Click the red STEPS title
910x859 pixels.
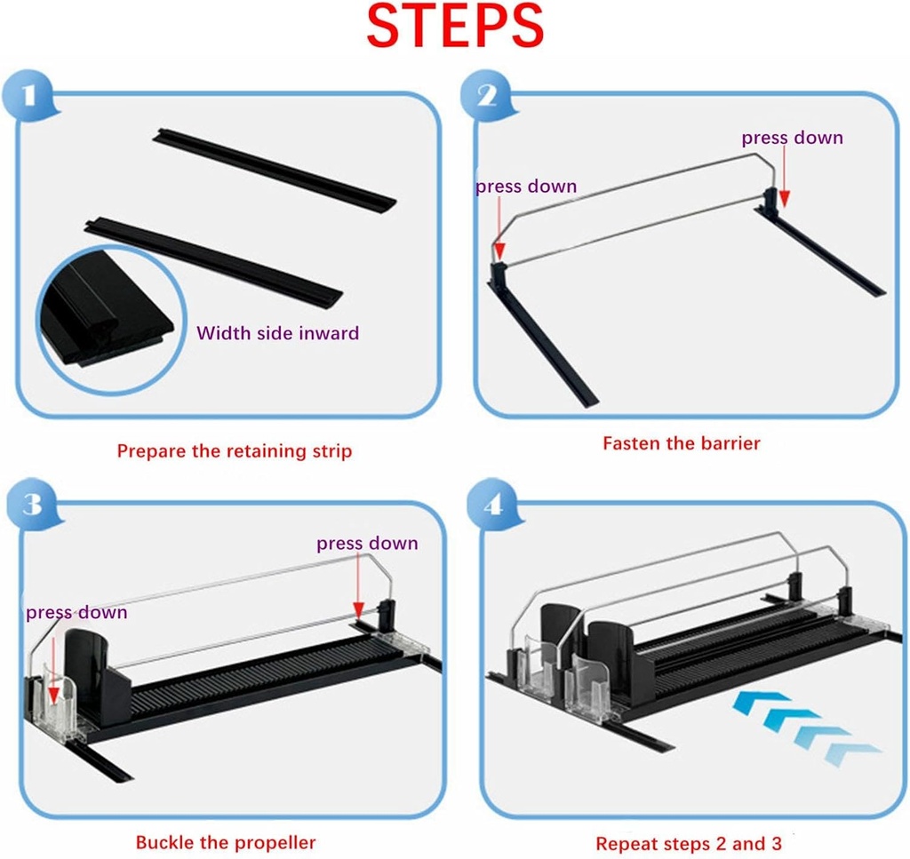[x=455, y=26]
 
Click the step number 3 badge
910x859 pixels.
[x=33, y=504]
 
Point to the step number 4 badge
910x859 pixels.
[x=493, y=505]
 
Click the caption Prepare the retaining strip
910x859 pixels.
[x=235, y=451]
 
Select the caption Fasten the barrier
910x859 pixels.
[x=682, y=443]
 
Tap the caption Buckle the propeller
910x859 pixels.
[x=226, y=842]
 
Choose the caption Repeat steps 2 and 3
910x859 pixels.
[x=689, y=843]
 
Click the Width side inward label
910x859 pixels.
[x=277, y=333]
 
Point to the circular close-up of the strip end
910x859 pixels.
[x=111, y=320]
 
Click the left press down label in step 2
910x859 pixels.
[x=526, y=187]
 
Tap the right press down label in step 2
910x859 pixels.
[x=792, y=138]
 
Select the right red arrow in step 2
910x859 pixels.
[x=784, y=176]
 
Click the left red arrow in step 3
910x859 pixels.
[x=53, y=666]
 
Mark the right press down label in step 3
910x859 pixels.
[x=367, y=544]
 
